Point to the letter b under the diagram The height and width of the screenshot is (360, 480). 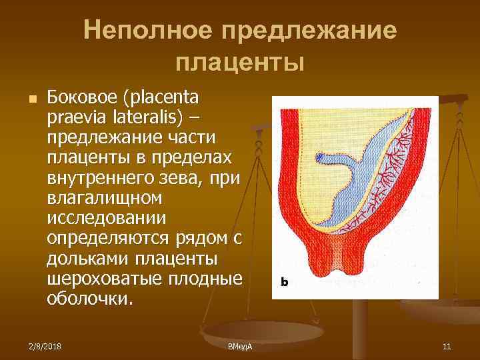(x=284, y=283)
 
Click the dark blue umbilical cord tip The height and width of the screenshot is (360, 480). (x=323, y=157)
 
